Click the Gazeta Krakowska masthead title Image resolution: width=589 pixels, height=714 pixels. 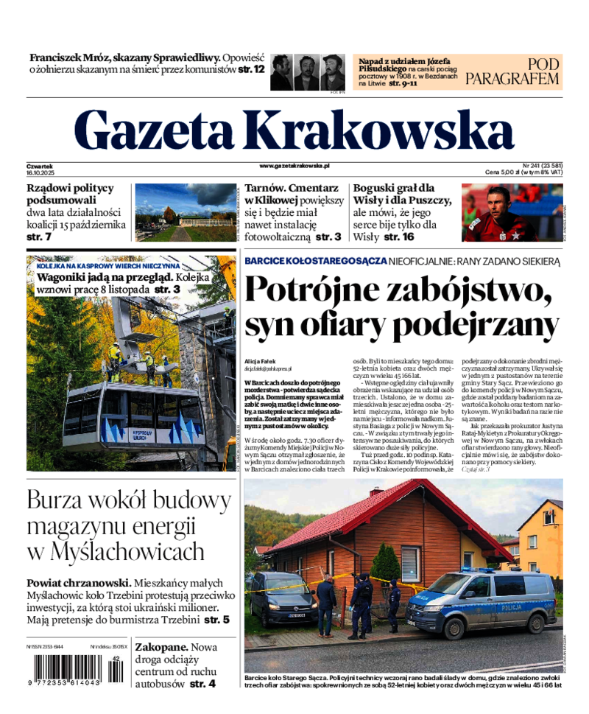[x=294, y=130]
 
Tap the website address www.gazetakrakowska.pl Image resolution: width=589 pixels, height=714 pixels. [x=294, y=167]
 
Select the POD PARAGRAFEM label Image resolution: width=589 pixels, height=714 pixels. [x=512, y=71]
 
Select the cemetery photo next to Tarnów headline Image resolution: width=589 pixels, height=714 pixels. [x=185, y=212]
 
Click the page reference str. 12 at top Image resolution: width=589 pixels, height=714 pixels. [x=251, y=69]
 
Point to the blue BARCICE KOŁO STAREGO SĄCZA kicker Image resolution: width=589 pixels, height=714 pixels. [x=316, y=261]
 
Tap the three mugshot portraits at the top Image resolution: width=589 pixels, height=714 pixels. [x=307, y=71]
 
